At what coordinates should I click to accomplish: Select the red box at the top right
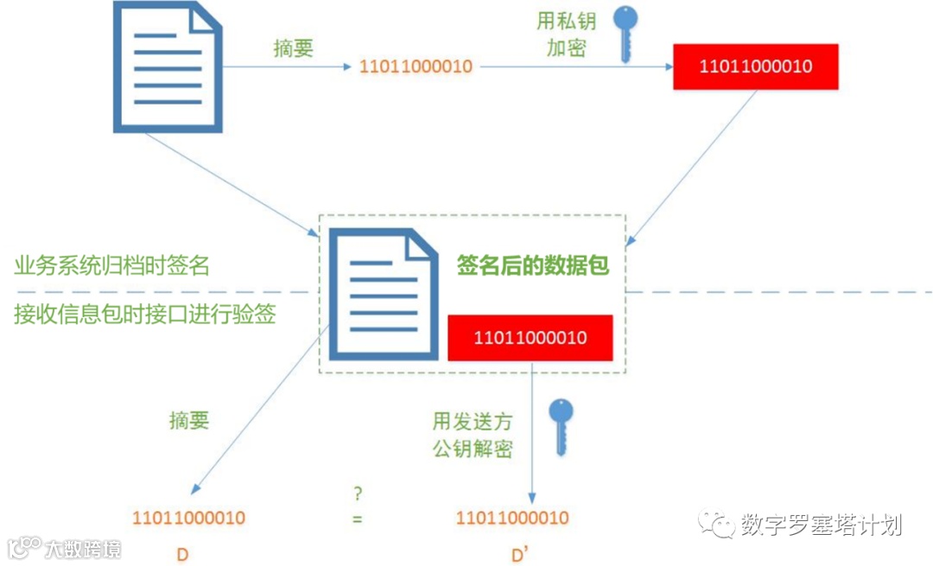756,67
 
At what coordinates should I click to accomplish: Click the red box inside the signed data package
530,337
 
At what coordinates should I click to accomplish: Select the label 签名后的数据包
533,265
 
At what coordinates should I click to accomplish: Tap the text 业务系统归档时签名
112,264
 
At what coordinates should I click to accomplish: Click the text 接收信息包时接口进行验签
145,314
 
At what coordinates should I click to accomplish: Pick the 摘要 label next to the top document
293,48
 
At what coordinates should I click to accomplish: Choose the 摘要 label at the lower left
189,421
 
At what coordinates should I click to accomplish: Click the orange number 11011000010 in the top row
416,67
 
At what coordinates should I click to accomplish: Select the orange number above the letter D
188,518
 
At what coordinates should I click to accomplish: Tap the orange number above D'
512,518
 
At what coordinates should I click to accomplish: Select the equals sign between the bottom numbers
357,519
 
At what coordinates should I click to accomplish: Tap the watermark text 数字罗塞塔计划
821,525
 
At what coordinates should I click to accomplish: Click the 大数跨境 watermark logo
65,548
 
